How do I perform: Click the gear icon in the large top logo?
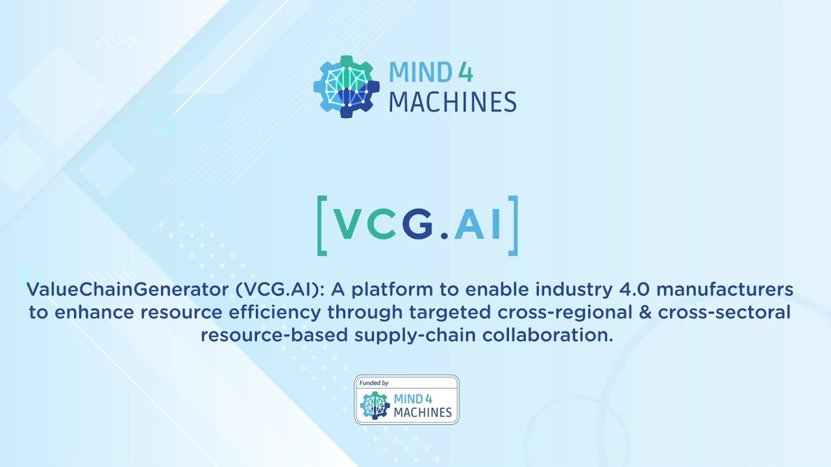click(347, 87)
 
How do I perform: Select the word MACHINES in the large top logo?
click(453, 102)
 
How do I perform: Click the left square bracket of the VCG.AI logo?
click(323, 224)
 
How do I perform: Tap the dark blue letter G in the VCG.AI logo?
click(417, 224)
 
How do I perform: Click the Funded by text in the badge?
click(374, 383)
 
